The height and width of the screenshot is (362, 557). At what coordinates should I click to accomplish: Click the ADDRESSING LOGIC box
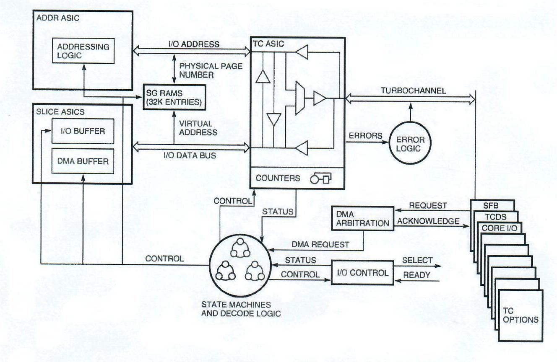click(83, 50)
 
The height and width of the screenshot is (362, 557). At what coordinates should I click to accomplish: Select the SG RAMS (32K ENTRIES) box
click(174, 97)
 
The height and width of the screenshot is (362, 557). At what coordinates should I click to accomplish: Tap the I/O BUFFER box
click(83, 131)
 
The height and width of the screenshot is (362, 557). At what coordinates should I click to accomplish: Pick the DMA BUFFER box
click(83, 160)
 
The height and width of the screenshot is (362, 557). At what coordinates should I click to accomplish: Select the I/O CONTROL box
click(363, 273)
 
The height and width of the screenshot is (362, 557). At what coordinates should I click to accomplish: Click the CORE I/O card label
click(502, 228)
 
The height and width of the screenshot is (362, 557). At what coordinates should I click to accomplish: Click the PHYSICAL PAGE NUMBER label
click(205, 70)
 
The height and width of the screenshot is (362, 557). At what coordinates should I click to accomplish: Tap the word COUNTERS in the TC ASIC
click(278, 178)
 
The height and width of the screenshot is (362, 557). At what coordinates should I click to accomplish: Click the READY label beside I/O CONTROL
click(416, 275)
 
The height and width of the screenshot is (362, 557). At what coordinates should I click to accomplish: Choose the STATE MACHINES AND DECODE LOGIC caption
click(235, 309)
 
